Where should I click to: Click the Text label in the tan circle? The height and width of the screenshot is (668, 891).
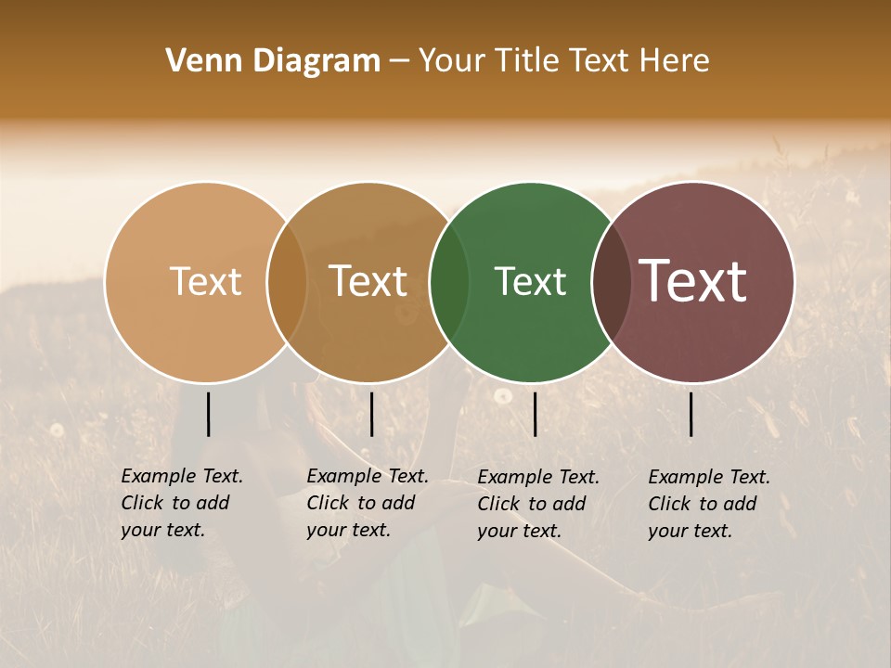(205, 281)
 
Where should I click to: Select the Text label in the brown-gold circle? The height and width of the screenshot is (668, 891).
(368, 281)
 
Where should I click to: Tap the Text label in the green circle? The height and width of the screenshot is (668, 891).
(530, 281)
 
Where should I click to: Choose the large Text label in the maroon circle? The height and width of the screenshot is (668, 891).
(693, 280)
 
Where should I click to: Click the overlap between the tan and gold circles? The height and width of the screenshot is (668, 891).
(287, 282)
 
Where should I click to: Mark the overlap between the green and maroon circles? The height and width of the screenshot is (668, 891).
(612, 282)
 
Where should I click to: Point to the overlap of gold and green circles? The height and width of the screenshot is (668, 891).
(449, 282)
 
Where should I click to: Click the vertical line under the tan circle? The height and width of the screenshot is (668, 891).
(209, 414)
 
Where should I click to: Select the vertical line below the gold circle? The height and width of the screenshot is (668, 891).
(371, 414)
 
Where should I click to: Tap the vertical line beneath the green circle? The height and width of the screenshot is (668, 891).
(536, 414)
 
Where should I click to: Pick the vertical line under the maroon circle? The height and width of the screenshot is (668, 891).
(691, 414)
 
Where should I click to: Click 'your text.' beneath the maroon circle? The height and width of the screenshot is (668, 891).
(690, 532)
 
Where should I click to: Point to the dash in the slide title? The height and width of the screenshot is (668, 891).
(399, 62)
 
